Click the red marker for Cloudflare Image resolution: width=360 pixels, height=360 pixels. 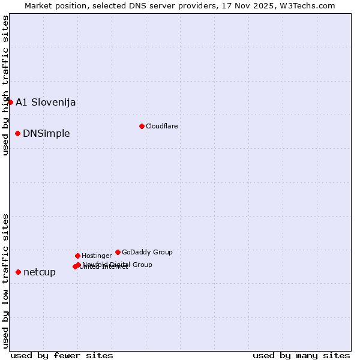142,126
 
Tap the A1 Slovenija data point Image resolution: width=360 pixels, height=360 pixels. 10,102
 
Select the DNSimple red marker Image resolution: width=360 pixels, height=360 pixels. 18,133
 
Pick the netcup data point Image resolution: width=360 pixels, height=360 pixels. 18,272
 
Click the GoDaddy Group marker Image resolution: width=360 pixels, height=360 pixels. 118,252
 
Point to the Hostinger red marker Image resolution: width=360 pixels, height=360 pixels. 77,256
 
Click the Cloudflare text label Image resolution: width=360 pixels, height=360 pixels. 161,126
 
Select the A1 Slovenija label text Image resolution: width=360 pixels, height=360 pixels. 46,102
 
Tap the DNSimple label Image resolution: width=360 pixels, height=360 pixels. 46,133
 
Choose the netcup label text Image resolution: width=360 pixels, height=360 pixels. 40,272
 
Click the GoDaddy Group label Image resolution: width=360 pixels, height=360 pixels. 147,252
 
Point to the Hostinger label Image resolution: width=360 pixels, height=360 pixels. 97,256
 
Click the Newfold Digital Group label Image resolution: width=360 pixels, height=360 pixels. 118,265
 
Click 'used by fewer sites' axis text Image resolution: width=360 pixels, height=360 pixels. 62,355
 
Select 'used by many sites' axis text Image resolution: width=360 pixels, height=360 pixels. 301,355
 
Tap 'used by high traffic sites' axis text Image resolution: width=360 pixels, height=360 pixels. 5,86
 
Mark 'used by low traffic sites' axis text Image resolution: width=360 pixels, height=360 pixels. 5,280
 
